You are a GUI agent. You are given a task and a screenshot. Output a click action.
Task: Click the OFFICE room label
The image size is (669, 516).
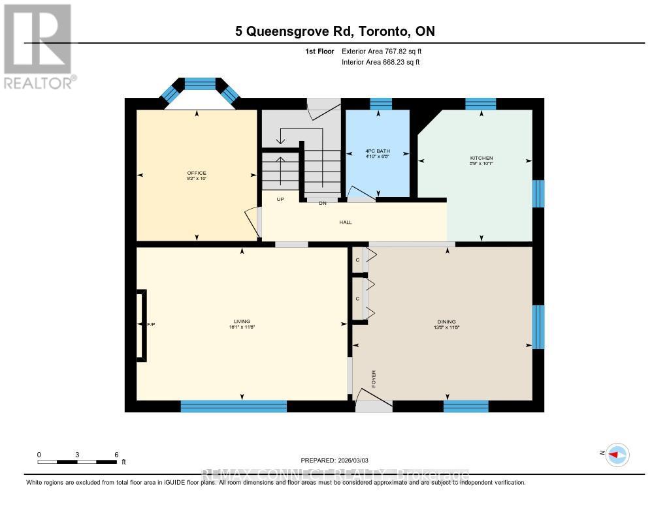196,173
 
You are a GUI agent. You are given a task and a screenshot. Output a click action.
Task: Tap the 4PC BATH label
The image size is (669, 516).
377,151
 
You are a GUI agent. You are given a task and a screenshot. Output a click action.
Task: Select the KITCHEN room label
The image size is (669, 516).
481,159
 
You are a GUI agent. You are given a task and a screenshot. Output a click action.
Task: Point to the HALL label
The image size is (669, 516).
346,222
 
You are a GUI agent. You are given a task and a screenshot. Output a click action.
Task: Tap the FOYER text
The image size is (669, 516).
374,379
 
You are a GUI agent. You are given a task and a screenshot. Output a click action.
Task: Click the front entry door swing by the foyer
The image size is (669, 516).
374,404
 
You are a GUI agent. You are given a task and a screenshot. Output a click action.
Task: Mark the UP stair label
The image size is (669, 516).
280,200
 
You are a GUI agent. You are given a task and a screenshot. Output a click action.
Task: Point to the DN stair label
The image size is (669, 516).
322,204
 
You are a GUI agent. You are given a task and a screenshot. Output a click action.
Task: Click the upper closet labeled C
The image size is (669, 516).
357,260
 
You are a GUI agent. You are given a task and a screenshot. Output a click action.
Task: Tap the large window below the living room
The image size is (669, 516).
233,406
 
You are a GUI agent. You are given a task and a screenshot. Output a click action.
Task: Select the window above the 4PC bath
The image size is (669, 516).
381,103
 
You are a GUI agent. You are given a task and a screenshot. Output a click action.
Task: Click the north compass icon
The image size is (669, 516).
616,455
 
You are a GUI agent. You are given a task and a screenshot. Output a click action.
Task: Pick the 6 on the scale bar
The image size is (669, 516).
116,455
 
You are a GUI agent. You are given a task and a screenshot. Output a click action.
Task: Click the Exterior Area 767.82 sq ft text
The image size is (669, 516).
386,51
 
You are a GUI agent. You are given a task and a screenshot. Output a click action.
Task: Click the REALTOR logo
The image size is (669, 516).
37,46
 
